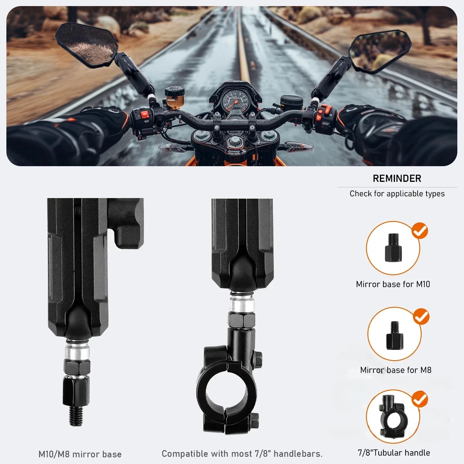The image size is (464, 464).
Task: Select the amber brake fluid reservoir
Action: click(x=175, y=97)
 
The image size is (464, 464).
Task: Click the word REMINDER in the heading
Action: click(x=397, y=178)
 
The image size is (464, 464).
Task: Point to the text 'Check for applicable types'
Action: click(x=397, y=194)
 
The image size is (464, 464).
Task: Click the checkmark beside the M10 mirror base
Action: click(x=420, y=231)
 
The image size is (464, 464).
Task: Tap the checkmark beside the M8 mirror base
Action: click(x=421, y=316)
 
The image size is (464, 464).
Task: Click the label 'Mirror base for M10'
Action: click(x=393, y=284)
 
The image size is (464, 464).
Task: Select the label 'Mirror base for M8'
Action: click(x=396, y=370)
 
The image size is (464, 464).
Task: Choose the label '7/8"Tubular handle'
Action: click(x=394, y=453)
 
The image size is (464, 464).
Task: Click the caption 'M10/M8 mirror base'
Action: click(x=80, y=454)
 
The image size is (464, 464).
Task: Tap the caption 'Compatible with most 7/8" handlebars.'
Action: click(x=242, y=454)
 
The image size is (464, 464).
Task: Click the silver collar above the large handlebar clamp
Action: click(x=242, y=304)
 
